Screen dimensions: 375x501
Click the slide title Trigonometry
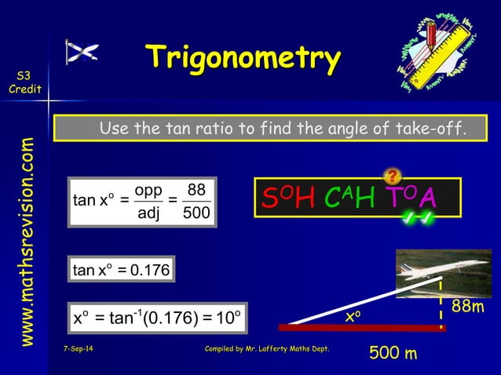pos(243,59)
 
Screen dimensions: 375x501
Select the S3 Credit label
pos(20,82)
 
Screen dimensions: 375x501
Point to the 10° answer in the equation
pos(228,319)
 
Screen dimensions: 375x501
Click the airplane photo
pos(443,274)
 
